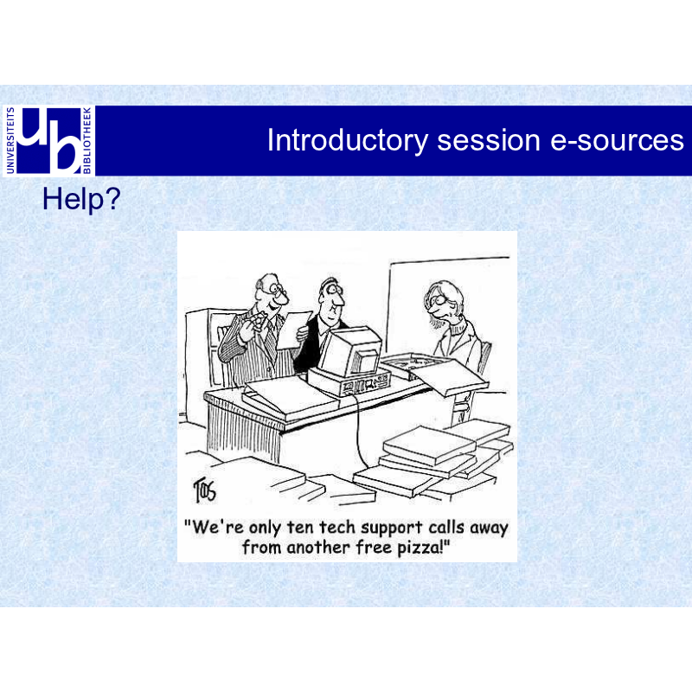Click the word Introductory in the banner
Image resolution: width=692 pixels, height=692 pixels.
[x=348, y=141]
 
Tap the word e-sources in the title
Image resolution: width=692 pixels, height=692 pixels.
[x=617, y=141]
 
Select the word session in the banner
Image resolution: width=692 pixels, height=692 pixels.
[x=489, y=141]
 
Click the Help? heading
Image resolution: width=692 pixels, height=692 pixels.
[x=81, y=200]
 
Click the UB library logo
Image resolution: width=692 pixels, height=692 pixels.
[x=48, y=141]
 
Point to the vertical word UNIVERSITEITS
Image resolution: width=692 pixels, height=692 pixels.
[x=10, y=140]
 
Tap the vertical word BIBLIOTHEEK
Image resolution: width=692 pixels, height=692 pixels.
[x=87, y=140]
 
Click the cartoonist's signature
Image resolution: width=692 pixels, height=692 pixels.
[x=205, y=490]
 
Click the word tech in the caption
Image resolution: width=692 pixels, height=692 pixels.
[x=336, y=527]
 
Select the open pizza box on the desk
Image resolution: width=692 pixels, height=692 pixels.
[x=435, y=372]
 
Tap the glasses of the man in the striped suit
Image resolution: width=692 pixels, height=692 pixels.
[x=278, y=289]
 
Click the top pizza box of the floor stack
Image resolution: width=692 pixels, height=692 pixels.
[x=429, y=445]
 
